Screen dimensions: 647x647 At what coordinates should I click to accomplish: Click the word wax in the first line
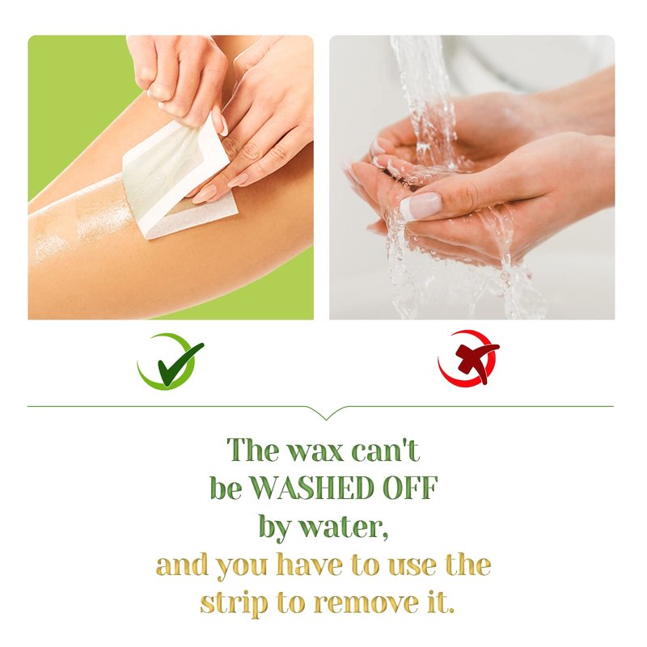pos(315,450)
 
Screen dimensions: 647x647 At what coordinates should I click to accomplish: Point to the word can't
pos(386,450)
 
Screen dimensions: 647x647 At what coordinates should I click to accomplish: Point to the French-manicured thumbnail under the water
pos(420,205)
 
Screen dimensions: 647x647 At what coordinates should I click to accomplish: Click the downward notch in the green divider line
pos(326,415)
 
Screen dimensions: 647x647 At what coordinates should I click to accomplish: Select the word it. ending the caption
pos(439,602)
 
